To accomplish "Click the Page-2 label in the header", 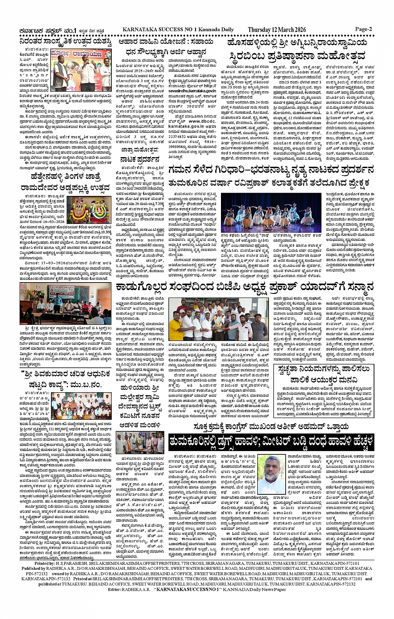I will click(363, 29).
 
